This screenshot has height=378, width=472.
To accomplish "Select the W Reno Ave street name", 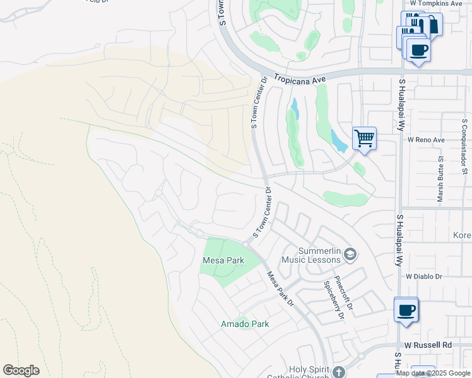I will pyautogui.click(x=426, y=139).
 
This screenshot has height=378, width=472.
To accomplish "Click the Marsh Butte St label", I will pyautogui.click(x=440, y=180).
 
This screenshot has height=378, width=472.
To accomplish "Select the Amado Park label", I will pyautogui.click(x=244, y=324).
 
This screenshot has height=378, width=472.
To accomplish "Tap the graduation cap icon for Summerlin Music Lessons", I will pyautogui.click(x=351, y=255).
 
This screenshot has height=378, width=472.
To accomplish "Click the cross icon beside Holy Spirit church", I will pyautogui.click(x=339, y=372).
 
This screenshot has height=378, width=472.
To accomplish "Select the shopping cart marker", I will pyautogui.click(x=364, y=137).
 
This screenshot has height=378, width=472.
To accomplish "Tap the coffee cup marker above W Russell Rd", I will pyautogui.click(x=406, y=309).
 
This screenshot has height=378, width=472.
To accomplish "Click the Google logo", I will pyautogui.click(x=21, y=370).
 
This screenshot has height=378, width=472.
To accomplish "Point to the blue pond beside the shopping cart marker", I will pyautogui.click(x=338, y=141).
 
